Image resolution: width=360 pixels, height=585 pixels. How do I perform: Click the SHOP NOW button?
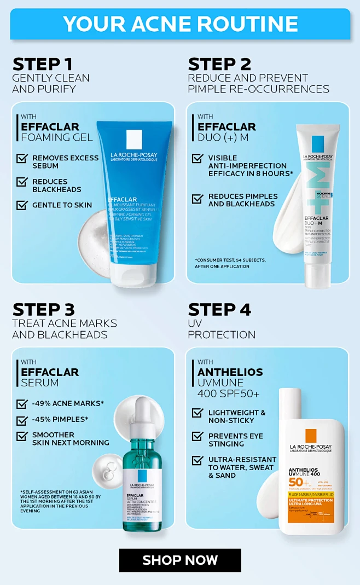(x=180, y=560)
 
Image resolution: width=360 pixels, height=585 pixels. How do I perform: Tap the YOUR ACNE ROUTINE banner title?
(x=180, y=24)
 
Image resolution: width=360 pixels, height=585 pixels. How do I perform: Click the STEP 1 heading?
(x=43, y=64)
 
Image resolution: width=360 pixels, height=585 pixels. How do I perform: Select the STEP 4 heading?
(x=219, y=310)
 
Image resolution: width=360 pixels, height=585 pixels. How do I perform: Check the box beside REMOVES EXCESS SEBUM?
(x=22, y=159)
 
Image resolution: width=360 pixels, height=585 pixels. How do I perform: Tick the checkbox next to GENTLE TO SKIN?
(x=22, y=205)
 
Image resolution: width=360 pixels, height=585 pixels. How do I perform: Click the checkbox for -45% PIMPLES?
(x=22, y=420)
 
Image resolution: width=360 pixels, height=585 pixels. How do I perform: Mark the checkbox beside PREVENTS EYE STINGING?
(x=198, y=437)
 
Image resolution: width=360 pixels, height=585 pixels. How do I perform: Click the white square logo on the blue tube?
(x=134, y=140)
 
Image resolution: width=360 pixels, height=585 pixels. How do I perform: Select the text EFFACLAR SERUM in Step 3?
(x=50, y=377)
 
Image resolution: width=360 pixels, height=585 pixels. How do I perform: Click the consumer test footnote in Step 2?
(x=230, y=263)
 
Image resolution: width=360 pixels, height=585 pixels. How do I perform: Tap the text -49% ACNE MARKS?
(x=68, y=404)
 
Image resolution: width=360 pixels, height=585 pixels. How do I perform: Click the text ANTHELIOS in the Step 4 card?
(x=230, y=372)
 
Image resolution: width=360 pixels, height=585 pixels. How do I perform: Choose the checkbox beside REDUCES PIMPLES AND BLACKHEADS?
(x=198, y=199)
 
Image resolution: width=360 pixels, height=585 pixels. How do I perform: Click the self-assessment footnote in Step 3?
(x=60, y=501)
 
